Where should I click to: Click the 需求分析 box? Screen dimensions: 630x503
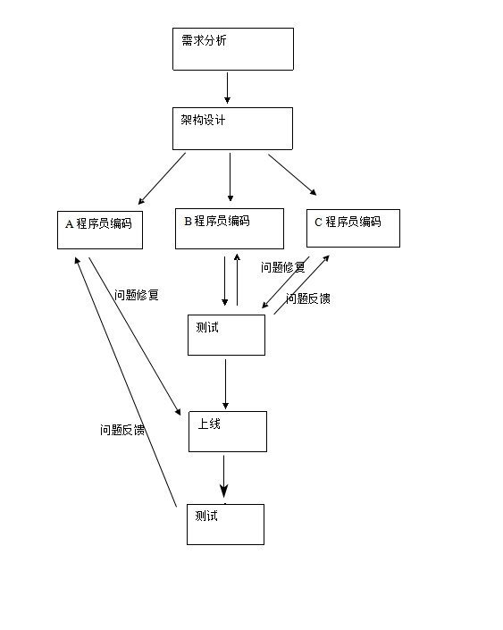(232, 49)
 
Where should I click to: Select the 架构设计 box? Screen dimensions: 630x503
(232, 129)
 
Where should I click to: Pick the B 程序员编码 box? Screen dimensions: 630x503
(230, 229)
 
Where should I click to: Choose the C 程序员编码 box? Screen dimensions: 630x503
(353, 228)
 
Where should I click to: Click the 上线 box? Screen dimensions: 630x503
(227, 432)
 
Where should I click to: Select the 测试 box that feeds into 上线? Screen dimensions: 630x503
(226, 335)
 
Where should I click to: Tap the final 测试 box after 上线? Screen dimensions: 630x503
(225, 525)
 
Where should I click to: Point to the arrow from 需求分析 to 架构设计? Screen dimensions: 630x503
(227, 88)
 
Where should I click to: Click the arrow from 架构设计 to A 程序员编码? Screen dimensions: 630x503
(162, 178)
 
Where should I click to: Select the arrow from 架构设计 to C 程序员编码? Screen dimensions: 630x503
(292, 174)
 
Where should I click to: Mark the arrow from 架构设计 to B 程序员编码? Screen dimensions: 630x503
(230, 176)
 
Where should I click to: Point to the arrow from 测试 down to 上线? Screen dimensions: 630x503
(225, 383)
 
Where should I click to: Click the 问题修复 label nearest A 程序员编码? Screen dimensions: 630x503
(137, 294)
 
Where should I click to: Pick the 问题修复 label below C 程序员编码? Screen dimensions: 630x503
(283, 266)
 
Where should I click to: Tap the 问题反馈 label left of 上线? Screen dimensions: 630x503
(122, 430)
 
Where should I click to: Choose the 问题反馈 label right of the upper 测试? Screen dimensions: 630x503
(308, 299)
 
